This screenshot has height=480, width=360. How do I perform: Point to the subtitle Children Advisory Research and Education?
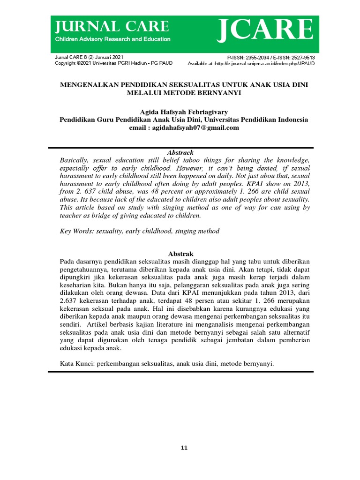coord(112,39)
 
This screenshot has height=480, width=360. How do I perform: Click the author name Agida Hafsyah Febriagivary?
coord(184,112)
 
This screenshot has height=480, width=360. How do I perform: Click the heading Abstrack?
coord(180,152)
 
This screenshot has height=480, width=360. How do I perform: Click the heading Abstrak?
coord(180,253)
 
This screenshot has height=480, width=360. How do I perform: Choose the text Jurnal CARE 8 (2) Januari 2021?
coord(89,57)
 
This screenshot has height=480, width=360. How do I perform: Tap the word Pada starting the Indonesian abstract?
coord(69,261)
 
